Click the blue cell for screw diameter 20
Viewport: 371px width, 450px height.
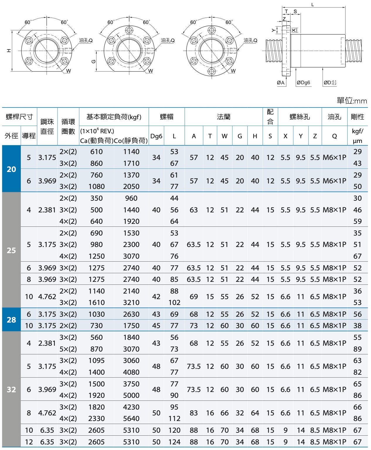coord(11,169)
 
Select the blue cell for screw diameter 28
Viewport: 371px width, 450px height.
coord(11,319)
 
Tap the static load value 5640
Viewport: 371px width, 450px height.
coord(131,418)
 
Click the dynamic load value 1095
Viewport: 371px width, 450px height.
coord(96,360)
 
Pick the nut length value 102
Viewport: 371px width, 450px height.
coord(174,302)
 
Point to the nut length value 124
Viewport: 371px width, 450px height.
coord(174,442)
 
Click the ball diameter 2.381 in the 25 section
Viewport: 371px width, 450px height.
coord(47,210)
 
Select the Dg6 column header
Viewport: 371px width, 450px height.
coord(156,136)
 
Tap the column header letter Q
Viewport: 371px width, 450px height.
coord(334,136)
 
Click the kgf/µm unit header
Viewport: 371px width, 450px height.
coord(358,136)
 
